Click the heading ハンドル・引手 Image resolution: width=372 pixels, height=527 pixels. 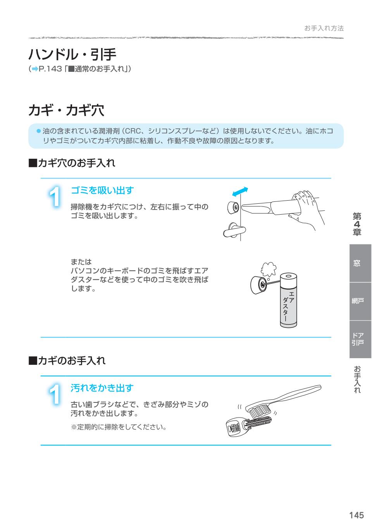click(72, 55)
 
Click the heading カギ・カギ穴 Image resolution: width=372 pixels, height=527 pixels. click(66, 111)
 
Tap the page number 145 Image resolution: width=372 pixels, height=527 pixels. click(356, 515)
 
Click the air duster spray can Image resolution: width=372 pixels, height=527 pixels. click(288, 300)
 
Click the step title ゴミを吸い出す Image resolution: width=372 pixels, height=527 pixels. click(102, 190)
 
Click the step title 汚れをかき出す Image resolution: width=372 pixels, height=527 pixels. click(102, 388)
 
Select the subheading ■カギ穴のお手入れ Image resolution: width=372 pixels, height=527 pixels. click(72, 163)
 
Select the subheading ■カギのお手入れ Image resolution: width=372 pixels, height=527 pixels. click(67, 361)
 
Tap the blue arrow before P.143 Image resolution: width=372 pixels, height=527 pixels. click(35, 69)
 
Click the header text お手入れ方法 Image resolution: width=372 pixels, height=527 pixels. click(324, 28)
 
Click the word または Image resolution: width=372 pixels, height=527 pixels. click(81, 262)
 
